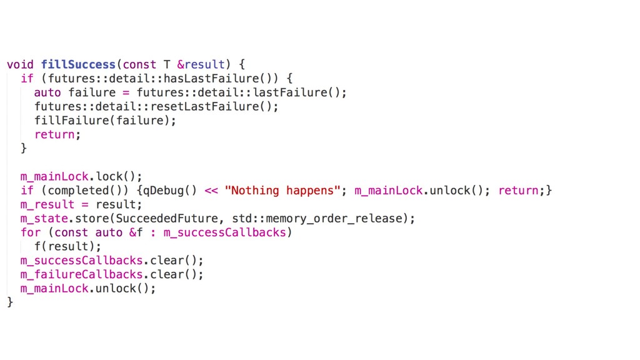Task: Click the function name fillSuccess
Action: coord(78,64)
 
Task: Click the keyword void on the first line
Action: coord(20,64)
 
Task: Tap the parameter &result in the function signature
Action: coord(200,64)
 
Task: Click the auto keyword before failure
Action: coord(47,92)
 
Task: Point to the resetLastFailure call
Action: coord(206,106)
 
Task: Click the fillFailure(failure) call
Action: coord(105,121)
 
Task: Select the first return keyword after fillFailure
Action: coord(56,134)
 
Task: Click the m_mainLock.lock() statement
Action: coord(81,176)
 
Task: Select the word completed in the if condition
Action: coord(78,191)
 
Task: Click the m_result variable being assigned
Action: coord(47,204)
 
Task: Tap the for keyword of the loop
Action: coord(30,232)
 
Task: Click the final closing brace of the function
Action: coord(9,302)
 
